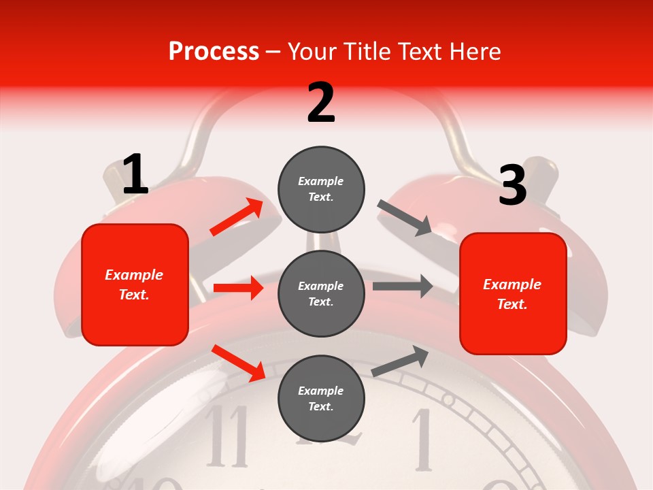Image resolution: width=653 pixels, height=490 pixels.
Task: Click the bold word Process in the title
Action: click(214, 52)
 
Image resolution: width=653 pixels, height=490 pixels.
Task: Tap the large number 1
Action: click(135, 175)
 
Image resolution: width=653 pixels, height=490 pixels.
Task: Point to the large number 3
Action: click(513, 186)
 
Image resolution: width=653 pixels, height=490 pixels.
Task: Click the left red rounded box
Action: click(135, 284)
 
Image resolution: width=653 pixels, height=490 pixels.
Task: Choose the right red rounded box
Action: click(513, 294)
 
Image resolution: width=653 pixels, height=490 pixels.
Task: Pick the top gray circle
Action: click(321, 189)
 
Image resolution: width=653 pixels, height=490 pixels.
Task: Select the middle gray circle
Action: click(321, 294)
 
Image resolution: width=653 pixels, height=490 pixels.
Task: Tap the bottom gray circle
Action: click(321, 399)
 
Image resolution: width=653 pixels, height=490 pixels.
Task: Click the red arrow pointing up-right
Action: click(237, 217)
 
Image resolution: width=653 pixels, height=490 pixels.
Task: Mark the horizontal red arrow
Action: click(238, 288)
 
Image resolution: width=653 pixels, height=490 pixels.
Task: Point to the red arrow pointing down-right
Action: click(238, 362)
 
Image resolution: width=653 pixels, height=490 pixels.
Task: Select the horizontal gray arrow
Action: click(403, 287)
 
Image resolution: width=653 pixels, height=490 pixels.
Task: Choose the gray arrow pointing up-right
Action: click(400, 361)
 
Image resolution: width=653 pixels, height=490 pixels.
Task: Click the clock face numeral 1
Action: click(423, 440)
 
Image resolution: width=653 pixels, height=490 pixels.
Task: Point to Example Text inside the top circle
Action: click(321, 189)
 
